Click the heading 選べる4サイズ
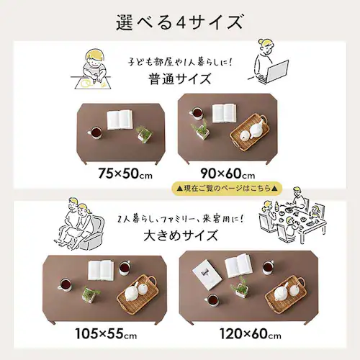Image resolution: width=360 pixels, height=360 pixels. tap(180, 22)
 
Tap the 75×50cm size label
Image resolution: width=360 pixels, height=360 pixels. tap(125, 174)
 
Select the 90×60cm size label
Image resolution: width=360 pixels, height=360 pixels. tap(228, 174)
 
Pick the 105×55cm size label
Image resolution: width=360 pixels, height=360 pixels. tap(106, 333)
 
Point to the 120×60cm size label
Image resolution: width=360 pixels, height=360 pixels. tap(251, 333)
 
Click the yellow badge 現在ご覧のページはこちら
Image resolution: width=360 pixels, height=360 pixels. tap(227, 189)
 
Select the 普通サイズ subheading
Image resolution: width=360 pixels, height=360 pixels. tap(180, 79)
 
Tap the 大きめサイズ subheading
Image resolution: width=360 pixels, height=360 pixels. tap(181, 235)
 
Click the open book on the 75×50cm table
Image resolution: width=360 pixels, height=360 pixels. tap(120, 120)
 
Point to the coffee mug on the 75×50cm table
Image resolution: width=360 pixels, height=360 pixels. tap(95, 132)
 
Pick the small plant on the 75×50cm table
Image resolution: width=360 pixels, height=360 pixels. tap(144, 135)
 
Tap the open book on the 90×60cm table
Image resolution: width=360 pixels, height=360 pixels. tap(224, 113)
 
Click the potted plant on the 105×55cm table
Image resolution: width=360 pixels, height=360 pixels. tap(90, 294)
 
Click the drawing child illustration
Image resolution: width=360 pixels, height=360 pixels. tap(91, 69)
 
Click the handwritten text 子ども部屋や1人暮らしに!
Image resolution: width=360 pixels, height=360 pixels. tap(180, 62)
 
